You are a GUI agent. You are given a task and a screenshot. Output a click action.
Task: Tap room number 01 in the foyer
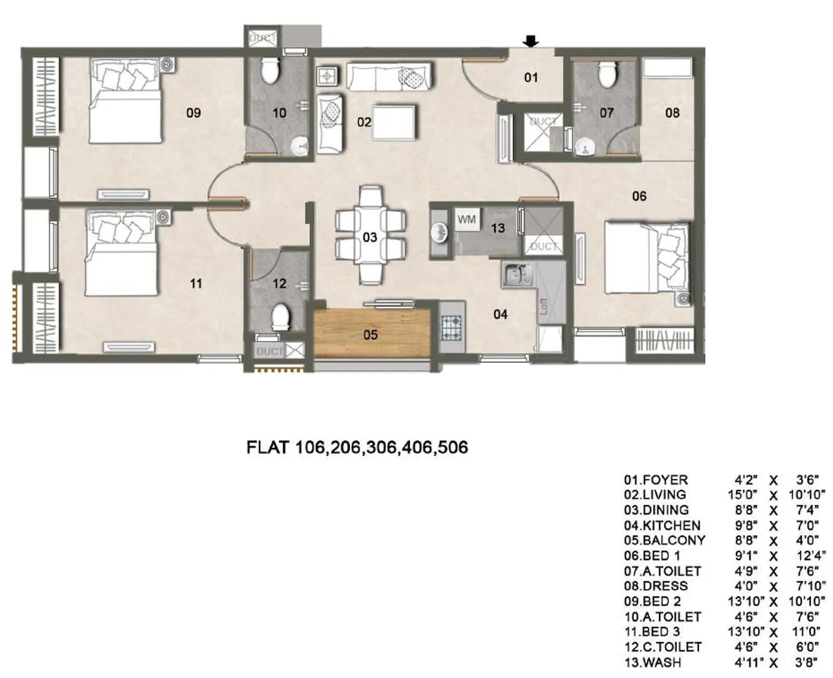point(531,78)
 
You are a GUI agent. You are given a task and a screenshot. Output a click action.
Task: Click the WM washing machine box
point(467,220)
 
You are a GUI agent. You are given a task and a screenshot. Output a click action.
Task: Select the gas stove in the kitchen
point(451,327)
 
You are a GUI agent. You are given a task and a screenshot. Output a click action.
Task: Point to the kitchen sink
point(516,274)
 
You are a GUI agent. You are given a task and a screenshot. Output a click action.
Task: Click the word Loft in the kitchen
point(545,306)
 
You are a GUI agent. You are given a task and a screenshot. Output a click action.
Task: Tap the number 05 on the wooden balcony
point(370,335)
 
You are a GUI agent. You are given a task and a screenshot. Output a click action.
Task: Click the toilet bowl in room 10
point(270,71)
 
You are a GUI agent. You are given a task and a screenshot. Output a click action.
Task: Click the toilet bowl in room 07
point(607,74)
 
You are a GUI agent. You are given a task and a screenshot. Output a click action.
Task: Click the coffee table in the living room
point(394,122)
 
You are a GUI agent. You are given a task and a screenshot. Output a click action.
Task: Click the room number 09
point(193,112)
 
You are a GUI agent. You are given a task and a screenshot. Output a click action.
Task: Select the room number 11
point(196,284)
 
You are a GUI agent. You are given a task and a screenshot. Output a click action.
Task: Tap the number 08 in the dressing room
point(672,112)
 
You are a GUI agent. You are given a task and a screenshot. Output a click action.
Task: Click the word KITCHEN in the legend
point(672,526)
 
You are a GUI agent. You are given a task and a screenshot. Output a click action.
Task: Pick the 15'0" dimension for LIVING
point(743,495)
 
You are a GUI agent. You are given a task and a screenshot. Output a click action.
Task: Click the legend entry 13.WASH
point(652,662)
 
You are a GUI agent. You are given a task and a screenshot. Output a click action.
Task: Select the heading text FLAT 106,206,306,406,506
point(357,447)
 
